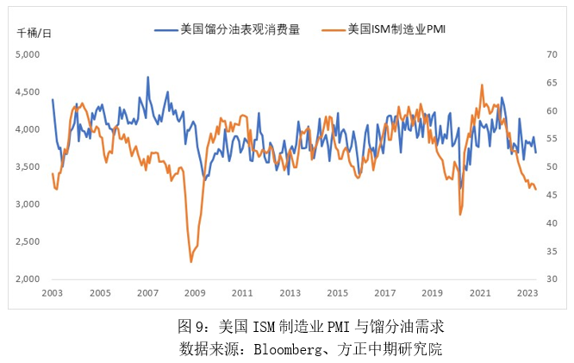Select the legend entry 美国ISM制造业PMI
(x=400, y=29)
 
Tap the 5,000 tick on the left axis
(x=28, y=54)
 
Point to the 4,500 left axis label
(x=28, y=91)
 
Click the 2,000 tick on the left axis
(x=28, y=279)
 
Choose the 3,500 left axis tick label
(x=28, y=166)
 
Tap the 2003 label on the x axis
(x=53, y=293)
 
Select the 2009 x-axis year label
(x=195, y=293)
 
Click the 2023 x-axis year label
(x=527, y=293)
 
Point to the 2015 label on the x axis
(x=338, y=293)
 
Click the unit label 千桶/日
(x=34, y=33)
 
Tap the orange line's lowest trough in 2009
(x=191, y=261)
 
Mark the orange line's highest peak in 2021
(x=482, y=84)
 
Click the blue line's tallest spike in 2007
(x=147, y=77)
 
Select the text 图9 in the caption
(x=188, y=328)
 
